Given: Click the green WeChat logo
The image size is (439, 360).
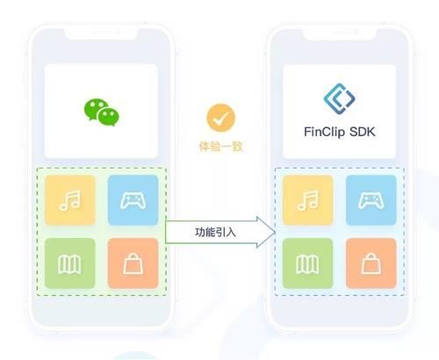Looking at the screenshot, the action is (102, 112).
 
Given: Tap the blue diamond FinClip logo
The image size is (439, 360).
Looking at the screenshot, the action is (339, 98).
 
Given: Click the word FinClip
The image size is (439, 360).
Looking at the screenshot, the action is (324, 132).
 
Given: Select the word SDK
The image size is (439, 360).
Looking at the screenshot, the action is (363, 132).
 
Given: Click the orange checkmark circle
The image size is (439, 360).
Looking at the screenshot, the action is (220, 118).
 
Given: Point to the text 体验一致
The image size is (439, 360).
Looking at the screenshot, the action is (220, 147).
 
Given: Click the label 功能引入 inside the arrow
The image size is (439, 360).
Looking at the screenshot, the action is (215, 232).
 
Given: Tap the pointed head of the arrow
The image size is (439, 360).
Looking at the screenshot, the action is (275, 233).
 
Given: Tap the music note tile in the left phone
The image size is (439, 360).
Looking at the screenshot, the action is (70, 200).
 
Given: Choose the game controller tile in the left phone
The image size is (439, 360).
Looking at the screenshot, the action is (133, 200).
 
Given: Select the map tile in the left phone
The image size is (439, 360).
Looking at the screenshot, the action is (70, 263).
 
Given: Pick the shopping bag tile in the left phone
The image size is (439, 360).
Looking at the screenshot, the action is (133, 263).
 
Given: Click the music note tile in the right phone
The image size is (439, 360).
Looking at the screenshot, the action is (308, 200).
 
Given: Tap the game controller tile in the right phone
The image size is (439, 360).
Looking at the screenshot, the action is (371, 200).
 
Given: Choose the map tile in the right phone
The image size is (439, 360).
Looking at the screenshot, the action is (308, 263).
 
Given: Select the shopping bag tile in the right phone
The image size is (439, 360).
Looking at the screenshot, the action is (371, 263).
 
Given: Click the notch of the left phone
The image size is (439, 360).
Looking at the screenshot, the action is (101, 33).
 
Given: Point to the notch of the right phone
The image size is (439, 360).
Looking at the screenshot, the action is (340, 33).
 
